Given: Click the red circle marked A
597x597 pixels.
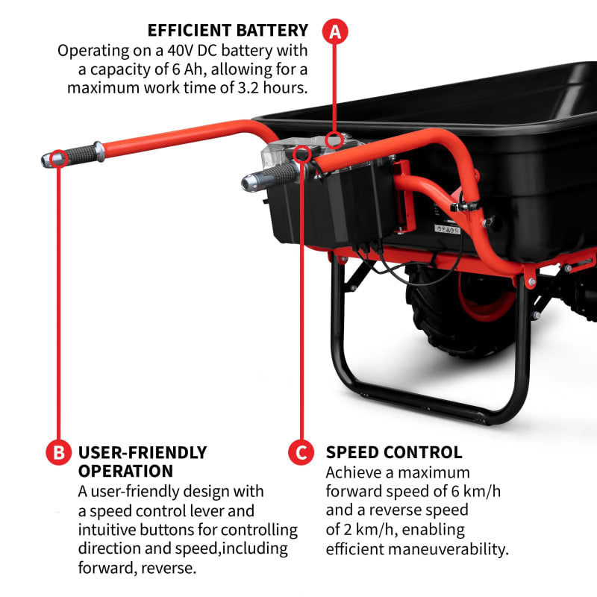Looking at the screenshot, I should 335,31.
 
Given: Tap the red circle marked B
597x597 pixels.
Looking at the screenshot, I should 57,452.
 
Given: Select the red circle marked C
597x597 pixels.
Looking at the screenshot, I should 300,452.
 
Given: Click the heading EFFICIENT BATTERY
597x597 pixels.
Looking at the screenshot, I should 228,31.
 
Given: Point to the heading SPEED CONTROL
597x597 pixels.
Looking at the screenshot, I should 394,452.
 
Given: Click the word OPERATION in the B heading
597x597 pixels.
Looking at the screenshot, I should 125,471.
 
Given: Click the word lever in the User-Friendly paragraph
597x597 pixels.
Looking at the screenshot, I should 236,511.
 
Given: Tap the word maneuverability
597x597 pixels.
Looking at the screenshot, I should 445,549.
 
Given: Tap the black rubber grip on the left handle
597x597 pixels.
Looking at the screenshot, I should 80,155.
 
